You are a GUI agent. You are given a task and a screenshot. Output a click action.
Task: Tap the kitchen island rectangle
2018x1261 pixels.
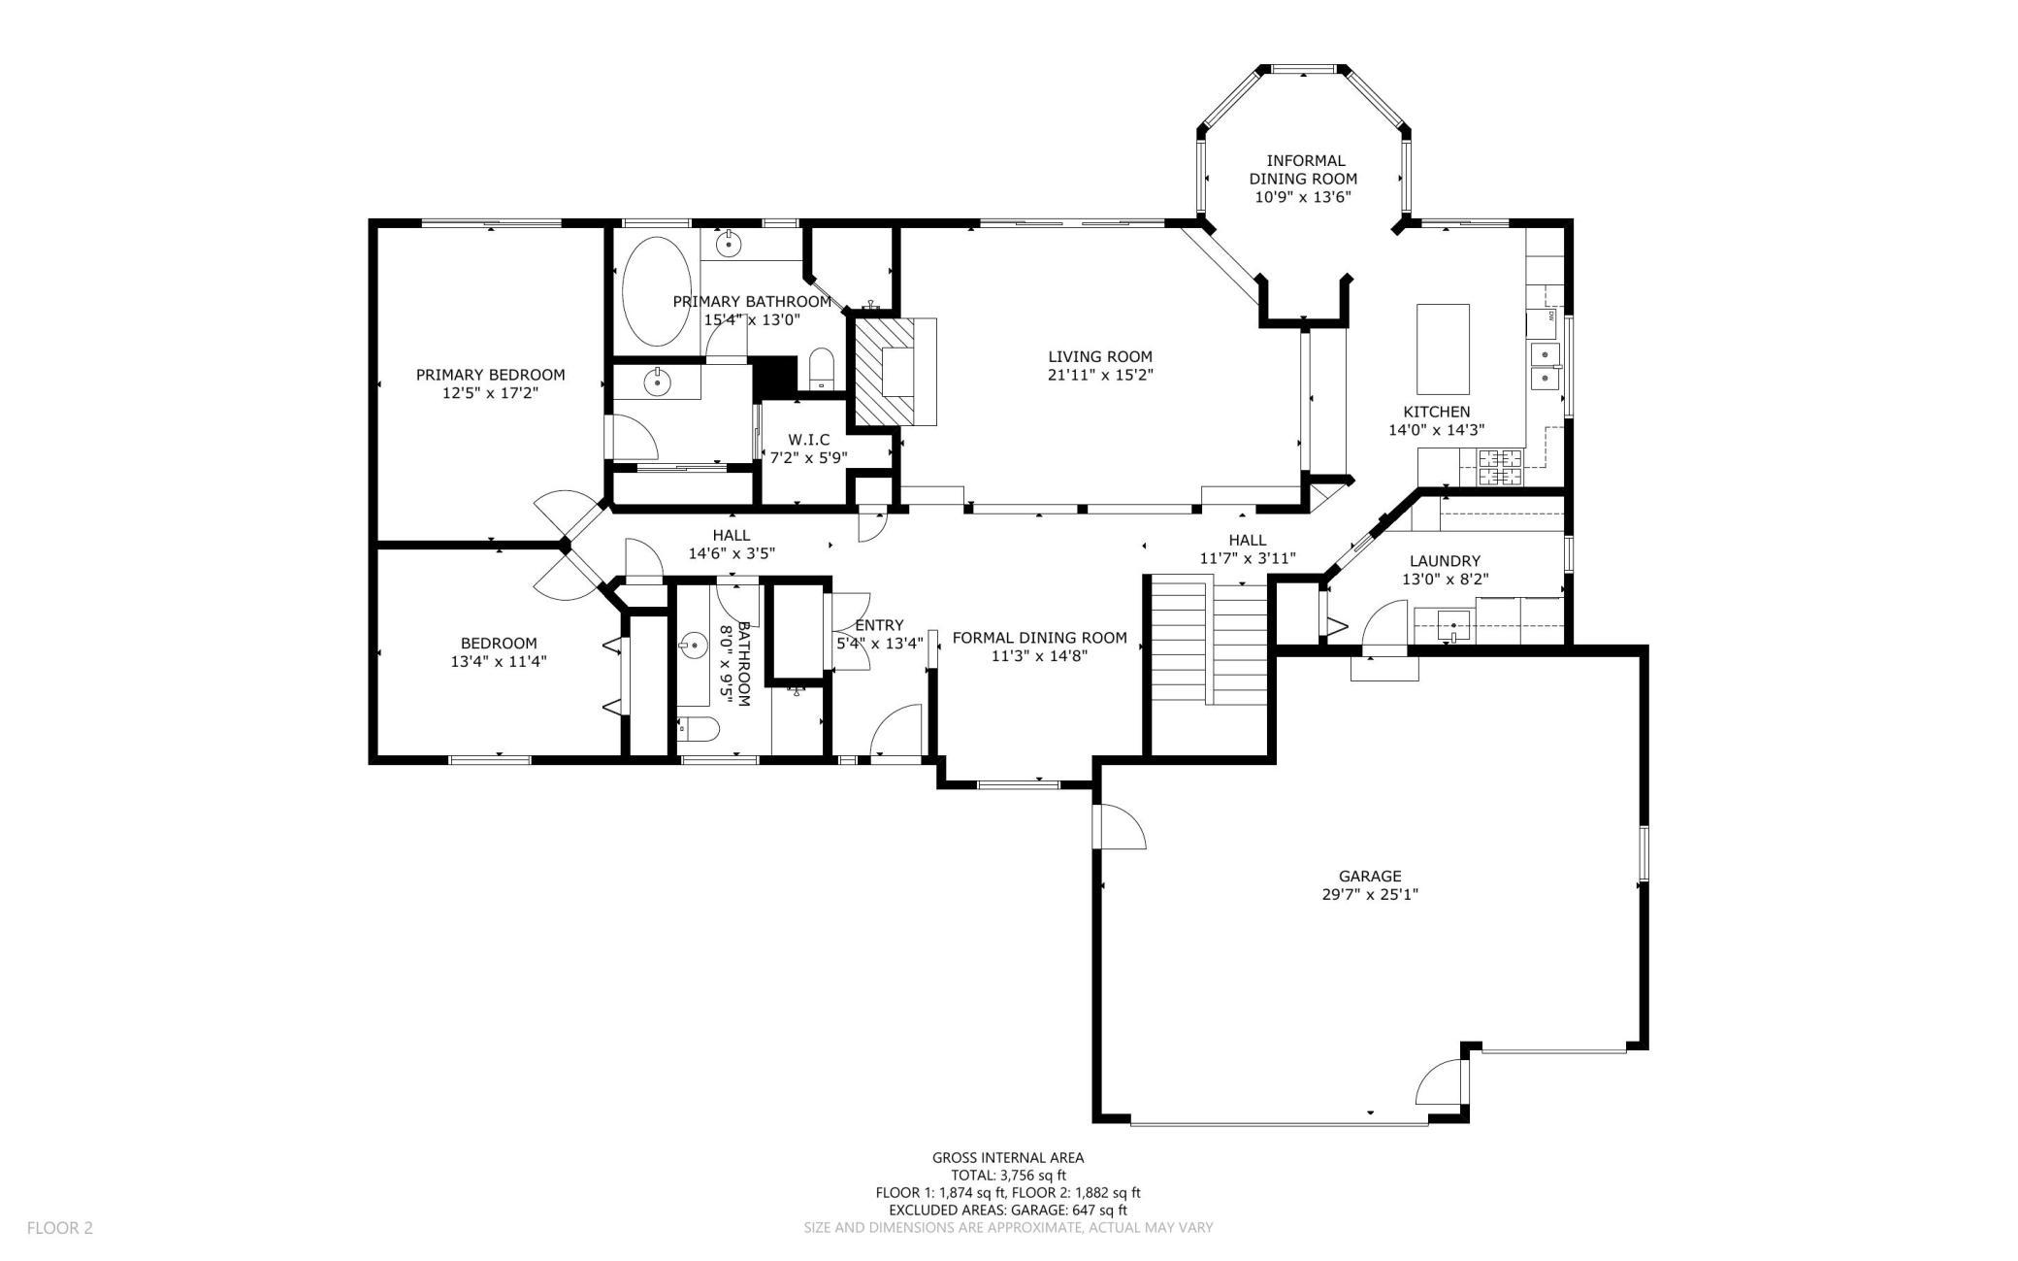pyautogui.click(x=1443, y=348)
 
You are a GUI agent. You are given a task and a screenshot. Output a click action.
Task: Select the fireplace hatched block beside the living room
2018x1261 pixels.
pyautogui.click(x=884, y=371)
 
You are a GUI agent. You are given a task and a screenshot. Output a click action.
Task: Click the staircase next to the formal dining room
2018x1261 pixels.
pyautogui.click(x=1209, y=641)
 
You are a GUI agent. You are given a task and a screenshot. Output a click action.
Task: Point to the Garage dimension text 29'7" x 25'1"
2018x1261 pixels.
pyautogui.click(x=1370, y=894)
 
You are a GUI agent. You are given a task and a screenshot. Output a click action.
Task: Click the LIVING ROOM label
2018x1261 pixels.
pyautogui.click(x=1100, y=356)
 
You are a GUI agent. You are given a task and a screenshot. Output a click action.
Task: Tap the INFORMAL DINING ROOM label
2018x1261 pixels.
pyautogui.click(x=1303, y=170)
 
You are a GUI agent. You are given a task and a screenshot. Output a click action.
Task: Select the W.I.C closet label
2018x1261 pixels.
pyautogui.click(x=809, y=440)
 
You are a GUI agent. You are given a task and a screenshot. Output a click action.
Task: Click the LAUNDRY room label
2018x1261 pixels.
pyautogui.click(x=1445, y=560)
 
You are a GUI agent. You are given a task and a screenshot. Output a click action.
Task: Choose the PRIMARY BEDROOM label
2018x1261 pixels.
pyautogui.click(x=490, y=375)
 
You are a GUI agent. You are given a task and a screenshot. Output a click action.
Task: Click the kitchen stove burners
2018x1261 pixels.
pyautogui.click(x=1501, y=467)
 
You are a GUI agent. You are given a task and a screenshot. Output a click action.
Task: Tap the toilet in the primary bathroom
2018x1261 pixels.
pyautogui.click(x=821, y=368)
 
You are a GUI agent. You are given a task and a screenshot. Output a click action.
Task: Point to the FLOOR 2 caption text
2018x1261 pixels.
pyautogui.click(x=60, y=1228)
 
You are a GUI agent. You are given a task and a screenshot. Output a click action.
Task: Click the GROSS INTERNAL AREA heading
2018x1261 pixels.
pyautogui.click(x=1008, y=1157)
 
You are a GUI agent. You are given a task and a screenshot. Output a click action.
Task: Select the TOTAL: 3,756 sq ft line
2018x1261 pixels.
pyautogui.click(x=1008, y=1175)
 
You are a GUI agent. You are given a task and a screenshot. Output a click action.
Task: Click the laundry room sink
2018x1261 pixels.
pyautogui.click(x=1454, y=625)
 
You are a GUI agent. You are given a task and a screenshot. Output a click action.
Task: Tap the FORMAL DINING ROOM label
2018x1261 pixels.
pyautogui.click(x=1040, y=638)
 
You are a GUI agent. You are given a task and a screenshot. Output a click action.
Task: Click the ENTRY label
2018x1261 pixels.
pyautogui.click(x=879, y=625)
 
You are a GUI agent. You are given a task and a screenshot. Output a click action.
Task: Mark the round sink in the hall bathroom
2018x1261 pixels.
pyautogui.click(x=694, y=644)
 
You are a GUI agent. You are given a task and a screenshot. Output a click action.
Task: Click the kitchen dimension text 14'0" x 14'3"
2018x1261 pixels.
pyautogui.click(x=1437, y=430)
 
